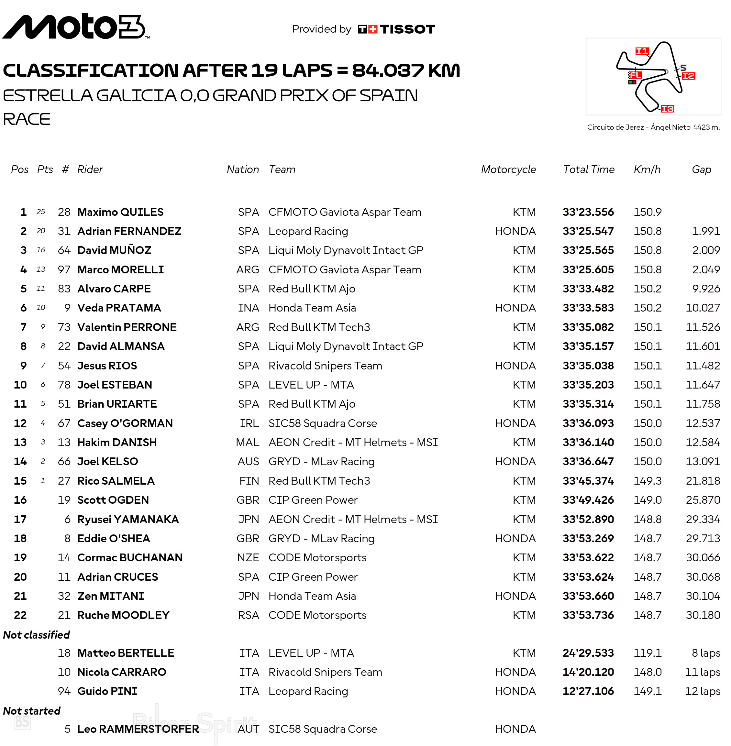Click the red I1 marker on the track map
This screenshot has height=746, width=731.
(x=642, y=51)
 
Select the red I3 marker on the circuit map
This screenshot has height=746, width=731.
(x=667, y=109)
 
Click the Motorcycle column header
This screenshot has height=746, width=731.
(x=508, y=169)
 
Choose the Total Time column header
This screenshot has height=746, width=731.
(x=588, y=169)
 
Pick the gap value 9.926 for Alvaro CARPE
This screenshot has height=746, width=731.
(x=706, y=289)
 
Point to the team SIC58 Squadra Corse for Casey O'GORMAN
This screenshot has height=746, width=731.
(x=323, y=423)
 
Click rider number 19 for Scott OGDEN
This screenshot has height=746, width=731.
(x=64, y=500)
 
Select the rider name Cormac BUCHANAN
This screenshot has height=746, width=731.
(x=130, y=558)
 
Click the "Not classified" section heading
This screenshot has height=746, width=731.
(x=37, y=635)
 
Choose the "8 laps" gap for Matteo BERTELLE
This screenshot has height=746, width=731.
(x=706, y=653)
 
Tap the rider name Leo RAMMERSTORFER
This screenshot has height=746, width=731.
(x=138, y=729)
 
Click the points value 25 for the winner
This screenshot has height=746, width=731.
(x=41, y=212)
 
